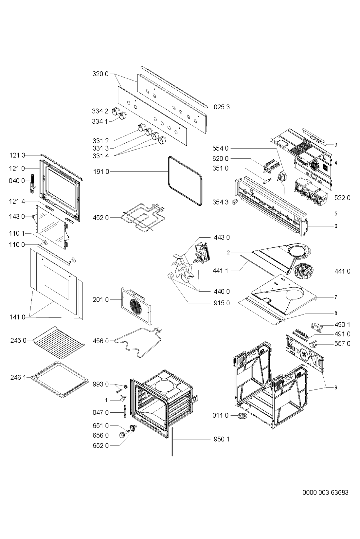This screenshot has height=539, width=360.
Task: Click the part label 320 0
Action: pos(100,74)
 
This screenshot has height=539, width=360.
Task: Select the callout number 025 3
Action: pos(222,107)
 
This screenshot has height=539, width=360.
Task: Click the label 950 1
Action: pos(222,439)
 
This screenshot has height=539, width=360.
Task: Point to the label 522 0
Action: pos(342,198)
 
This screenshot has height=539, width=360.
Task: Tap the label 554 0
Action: pos(221,148)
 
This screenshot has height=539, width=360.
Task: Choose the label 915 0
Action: pos(222,303)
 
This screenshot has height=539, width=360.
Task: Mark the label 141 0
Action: pos(17,317)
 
